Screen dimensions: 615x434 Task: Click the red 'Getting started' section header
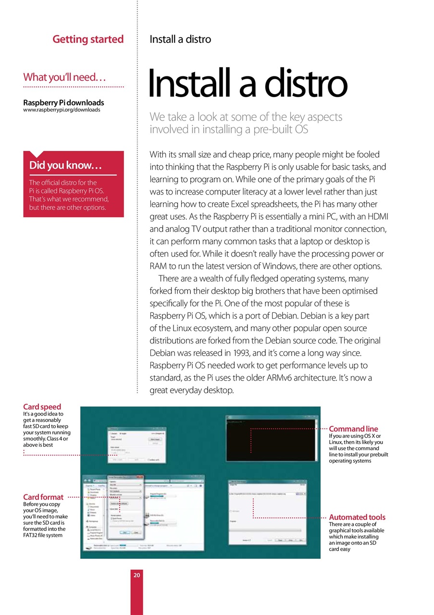[88, 39]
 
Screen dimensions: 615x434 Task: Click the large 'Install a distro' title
[248, 84]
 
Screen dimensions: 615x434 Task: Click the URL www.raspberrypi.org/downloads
[62, 110]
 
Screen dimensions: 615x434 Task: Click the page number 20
[137, 575]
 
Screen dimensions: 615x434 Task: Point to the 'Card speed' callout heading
[42, 407]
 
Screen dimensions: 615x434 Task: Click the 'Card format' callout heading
[43, 497]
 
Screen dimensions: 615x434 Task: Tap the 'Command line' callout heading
[353, 429]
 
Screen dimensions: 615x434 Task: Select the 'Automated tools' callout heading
[357, 517]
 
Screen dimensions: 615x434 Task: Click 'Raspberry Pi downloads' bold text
[63, 102]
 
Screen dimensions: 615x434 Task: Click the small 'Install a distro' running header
[180, 39]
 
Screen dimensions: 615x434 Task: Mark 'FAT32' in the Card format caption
[32, 535]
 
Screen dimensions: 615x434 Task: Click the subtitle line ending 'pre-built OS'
[229, 129]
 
